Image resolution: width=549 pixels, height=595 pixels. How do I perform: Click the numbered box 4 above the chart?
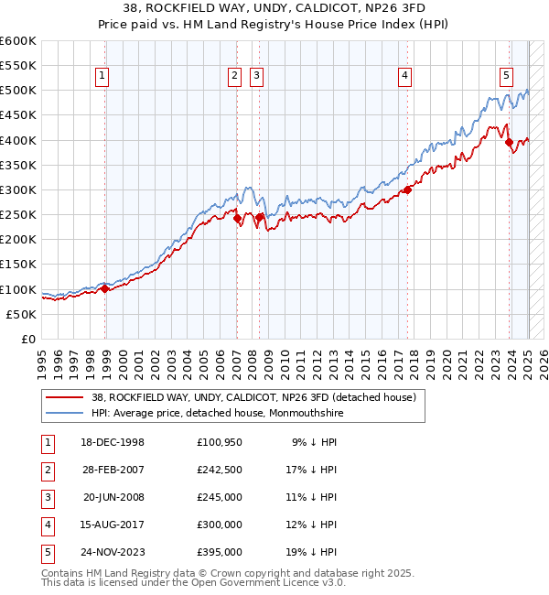(x=404, y=76)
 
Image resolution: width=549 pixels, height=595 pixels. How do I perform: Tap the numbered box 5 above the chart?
(x=506, y=76)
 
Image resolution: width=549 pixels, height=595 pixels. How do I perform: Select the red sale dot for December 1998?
(x=105, y=288)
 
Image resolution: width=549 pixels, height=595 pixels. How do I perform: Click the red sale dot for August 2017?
(x=408, y=189)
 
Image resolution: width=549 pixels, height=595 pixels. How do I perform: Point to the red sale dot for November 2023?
(x=510, y=142)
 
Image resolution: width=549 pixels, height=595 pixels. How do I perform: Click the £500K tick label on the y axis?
(x=18, y=91)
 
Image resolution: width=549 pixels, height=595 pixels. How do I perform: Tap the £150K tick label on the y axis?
(x=18, y=265)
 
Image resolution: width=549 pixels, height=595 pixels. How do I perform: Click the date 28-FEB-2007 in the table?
(x=113, y=470)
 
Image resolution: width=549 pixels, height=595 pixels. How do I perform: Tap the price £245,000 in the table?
(x=219, y=497)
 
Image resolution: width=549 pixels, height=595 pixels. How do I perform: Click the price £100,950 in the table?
(x=219, y=442)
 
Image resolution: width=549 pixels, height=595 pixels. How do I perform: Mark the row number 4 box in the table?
(x=46, y=525)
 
